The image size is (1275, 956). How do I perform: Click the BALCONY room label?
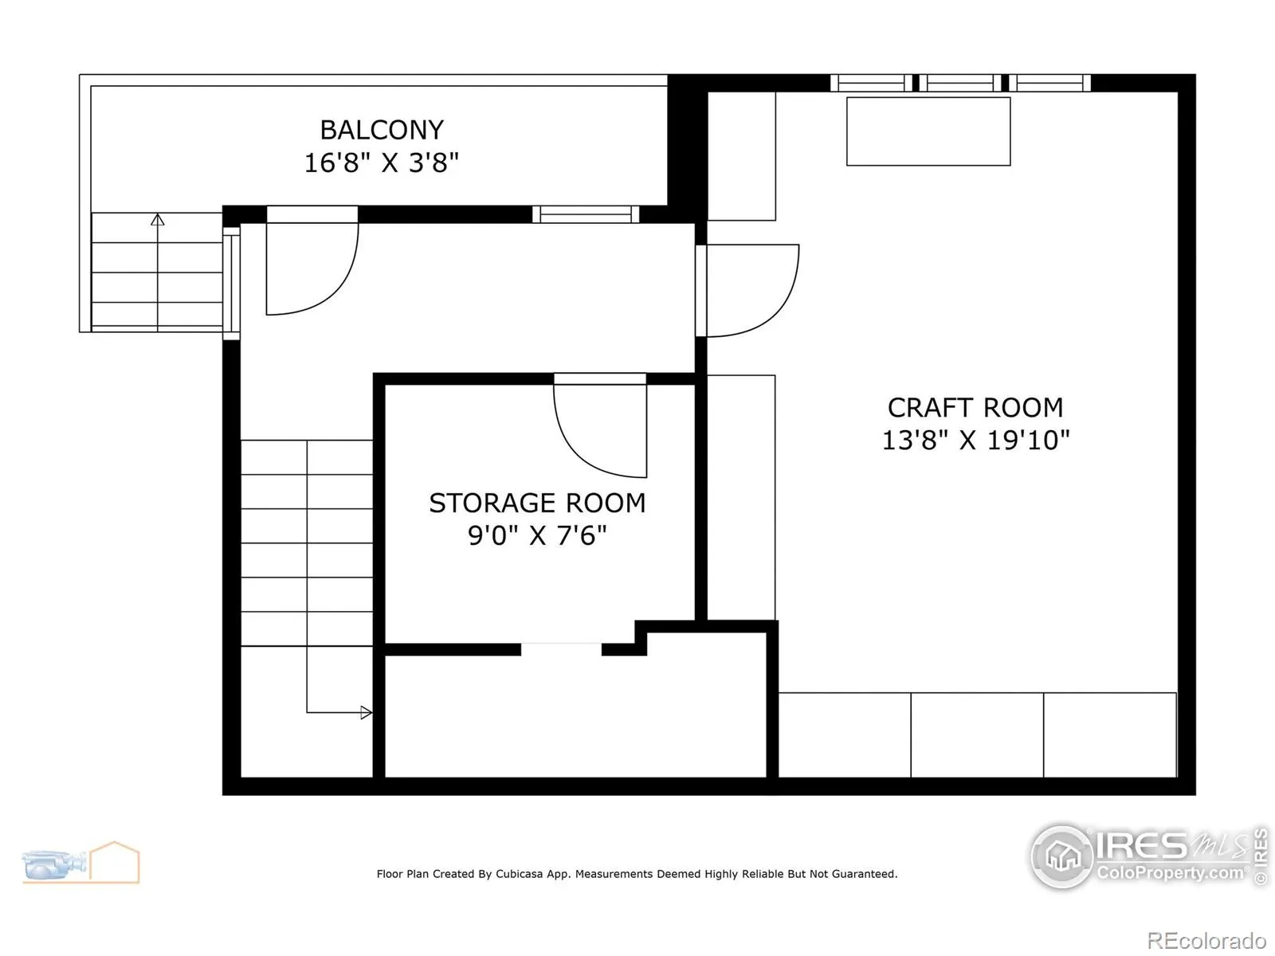382,130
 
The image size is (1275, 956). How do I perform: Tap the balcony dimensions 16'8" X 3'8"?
382,163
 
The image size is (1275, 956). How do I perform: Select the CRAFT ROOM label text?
975,408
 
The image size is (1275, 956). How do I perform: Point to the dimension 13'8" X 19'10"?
975,441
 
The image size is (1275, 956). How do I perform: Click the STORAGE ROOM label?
537,503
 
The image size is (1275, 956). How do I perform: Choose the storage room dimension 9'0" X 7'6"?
537,535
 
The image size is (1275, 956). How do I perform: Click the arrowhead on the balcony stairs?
158,220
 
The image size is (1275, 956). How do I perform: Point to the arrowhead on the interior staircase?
366,712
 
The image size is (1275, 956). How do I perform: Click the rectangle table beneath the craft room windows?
928,131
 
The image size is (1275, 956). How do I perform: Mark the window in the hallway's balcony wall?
586,214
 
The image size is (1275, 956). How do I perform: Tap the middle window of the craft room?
960,83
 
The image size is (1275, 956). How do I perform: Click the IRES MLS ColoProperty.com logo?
1149,856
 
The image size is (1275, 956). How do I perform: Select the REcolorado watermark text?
1206,940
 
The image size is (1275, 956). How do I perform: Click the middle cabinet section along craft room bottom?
977,735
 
